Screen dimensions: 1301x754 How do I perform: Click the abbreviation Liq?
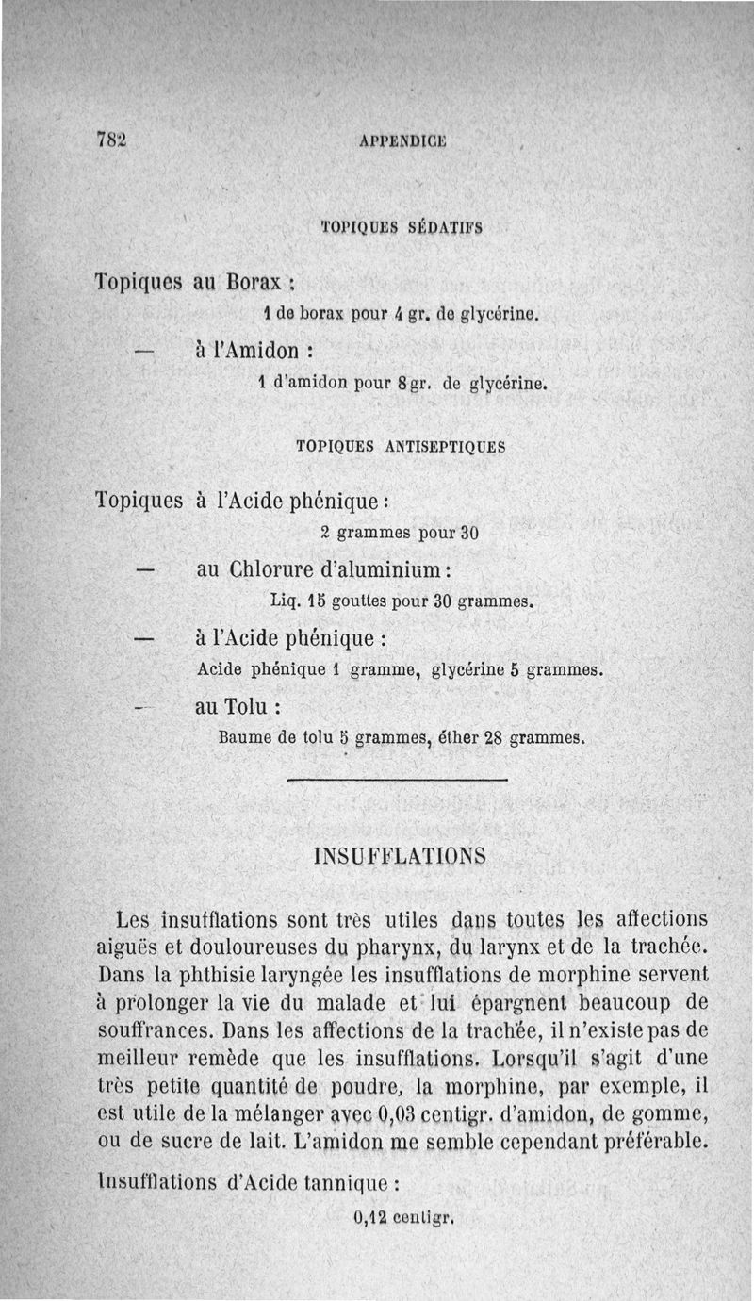coord(284,600)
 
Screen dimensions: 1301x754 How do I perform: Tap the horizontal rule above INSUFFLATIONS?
coord(396,781)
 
